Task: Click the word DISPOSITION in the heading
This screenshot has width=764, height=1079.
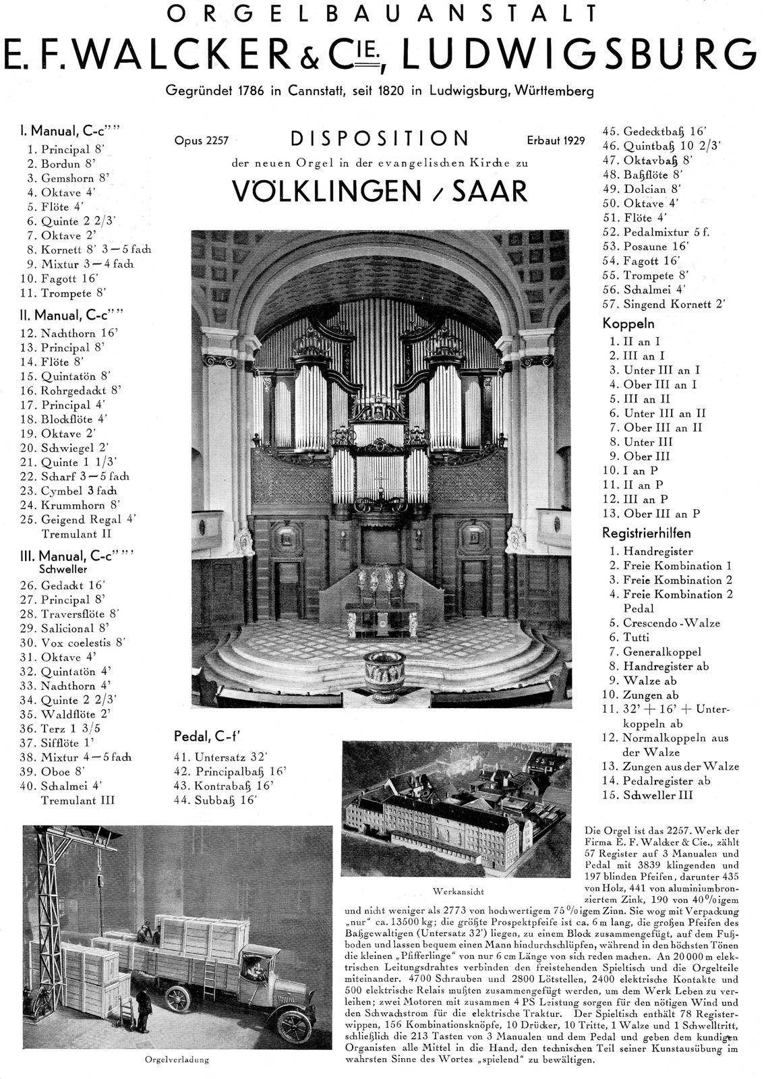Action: tap(380, 139)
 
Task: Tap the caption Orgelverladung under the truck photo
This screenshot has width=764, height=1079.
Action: tap(177, 1059)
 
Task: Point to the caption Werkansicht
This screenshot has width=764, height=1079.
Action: tap(461, 891)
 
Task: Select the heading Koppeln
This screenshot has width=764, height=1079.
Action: tap(627, 324)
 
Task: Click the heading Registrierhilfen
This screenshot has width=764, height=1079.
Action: tap(647, 533)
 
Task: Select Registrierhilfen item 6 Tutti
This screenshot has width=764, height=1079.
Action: tap(637, 637)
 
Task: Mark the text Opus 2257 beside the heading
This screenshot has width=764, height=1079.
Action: tap(201, 141)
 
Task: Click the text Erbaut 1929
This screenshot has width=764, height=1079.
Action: tap(556, 141)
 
